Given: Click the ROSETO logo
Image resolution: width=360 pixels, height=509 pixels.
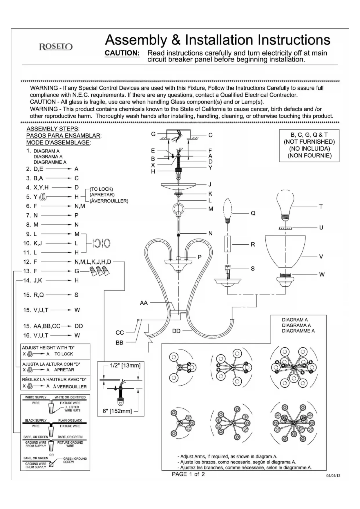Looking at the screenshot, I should pos(56,47).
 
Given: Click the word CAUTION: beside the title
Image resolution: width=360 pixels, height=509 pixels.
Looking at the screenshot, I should pos(122,53).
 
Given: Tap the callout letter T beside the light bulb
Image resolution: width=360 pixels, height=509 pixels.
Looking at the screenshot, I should pos(321,207).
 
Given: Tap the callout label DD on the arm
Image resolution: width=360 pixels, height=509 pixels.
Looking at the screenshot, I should pos(176,331).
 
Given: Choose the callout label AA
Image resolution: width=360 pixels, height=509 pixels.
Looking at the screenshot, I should pos(144,303).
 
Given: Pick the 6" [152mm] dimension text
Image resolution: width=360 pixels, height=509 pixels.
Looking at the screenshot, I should pos(117,411).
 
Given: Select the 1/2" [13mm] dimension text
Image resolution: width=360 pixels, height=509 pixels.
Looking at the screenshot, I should pos(125,366).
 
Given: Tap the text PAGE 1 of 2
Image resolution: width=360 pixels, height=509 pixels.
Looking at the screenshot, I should pos(188,474).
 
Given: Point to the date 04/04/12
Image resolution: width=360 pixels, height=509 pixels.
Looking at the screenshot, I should pos(333,476).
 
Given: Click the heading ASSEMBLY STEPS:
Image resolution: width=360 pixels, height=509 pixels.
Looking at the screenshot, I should pos(53,129).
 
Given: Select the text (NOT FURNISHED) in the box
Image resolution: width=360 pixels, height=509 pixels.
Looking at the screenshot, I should pos(309,142).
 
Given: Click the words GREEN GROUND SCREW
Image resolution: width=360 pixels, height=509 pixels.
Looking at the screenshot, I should pos(75,460).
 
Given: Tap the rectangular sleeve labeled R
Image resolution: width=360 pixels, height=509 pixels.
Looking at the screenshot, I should pos(228,244).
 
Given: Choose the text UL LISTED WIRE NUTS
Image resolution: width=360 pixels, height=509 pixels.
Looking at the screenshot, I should pos(72,409).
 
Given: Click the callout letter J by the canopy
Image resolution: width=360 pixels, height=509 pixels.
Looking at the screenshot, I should pos(210,184).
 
